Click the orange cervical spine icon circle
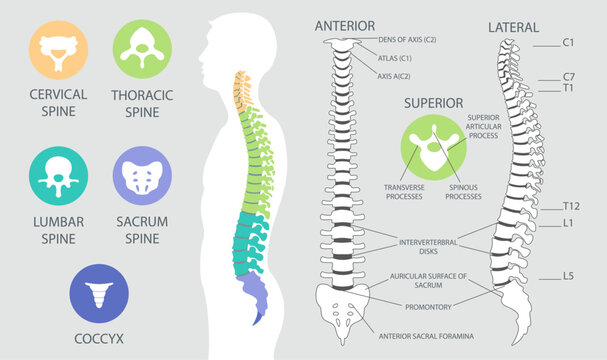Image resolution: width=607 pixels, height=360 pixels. click(57, 49)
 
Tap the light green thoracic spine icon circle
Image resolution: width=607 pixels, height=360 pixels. click(142, 49)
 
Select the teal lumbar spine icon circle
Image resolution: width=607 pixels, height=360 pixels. click(57, 176)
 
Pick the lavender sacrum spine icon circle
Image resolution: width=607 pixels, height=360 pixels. click(142, 176)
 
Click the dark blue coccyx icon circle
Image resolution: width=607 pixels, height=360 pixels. click(98, 292)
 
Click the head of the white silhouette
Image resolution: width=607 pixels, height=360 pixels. click(228, 45)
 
